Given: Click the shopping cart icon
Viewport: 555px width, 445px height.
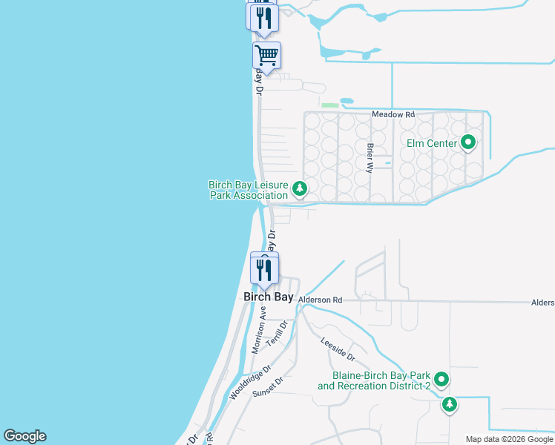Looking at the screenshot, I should [266, 54].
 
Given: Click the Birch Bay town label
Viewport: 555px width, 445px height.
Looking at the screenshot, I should [269, 297].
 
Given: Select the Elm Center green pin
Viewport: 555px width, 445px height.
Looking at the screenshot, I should [468, 142].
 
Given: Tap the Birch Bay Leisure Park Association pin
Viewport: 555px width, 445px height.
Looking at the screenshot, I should [300, 189].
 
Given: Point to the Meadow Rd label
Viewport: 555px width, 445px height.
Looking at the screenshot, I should [393, 115].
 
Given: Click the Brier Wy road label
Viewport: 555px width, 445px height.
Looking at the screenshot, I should [369, 157].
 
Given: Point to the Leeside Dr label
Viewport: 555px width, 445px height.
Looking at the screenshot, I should [338, 350].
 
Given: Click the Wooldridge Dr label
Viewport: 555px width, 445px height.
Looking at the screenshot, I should [251, 383].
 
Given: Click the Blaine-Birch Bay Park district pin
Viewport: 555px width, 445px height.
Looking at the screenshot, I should [441, 380].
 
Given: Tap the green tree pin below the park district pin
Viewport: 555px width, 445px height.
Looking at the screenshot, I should [450, 405].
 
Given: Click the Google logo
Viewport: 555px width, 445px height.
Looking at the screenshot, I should [24, 436].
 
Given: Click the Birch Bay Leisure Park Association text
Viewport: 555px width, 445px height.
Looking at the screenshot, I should [248, 190].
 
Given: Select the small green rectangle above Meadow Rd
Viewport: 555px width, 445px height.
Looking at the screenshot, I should [330, 105].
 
